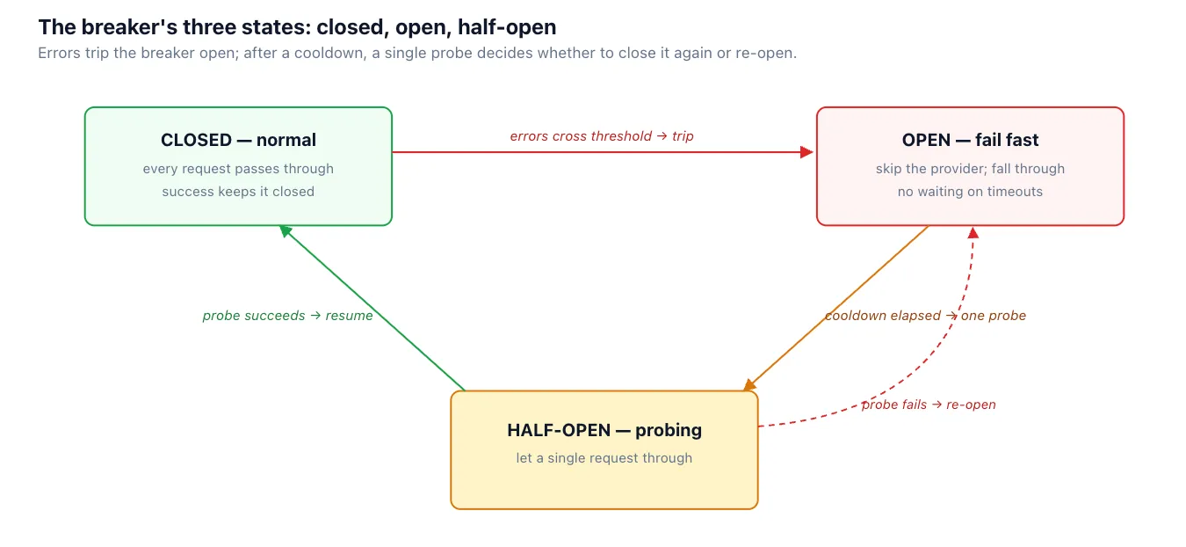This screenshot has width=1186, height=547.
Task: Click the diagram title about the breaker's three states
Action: point(297,27)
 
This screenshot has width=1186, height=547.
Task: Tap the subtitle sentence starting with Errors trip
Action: point(417,53)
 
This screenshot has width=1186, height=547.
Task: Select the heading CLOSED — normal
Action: point(238,140)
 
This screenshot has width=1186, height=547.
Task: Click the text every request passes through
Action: point(238,169)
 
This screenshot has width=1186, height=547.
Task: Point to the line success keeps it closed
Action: point(238,192)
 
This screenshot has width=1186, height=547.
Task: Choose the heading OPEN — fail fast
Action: point(970,140)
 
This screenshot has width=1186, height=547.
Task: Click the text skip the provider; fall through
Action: point(970,169)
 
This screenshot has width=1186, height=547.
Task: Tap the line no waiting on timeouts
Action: point(970,192)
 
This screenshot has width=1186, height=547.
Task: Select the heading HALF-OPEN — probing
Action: point(604,430)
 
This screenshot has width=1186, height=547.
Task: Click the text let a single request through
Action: point(604,458)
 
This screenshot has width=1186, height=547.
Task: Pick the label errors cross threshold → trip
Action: point(602,136)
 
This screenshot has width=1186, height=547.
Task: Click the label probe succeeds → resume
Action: point(287,316)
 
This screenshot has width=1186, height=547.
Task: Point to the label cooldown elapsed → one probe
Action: point(925,316)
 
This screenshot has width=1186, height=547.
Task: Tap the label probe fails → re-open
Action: point(929,405)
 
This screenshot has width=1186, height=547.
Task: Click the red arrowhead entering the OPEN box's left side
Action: point(806,152)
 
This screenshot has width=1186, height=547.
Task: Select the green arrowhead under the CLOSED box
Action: point(285,231)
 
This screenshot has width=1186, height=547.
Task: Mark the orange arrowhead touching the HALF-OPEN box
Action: point(749,385)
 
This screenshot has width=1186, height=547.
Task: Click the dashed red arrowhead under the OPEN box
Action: point(973,233)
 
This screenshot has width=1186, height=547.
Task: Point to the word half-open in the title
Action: point(507,27)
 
